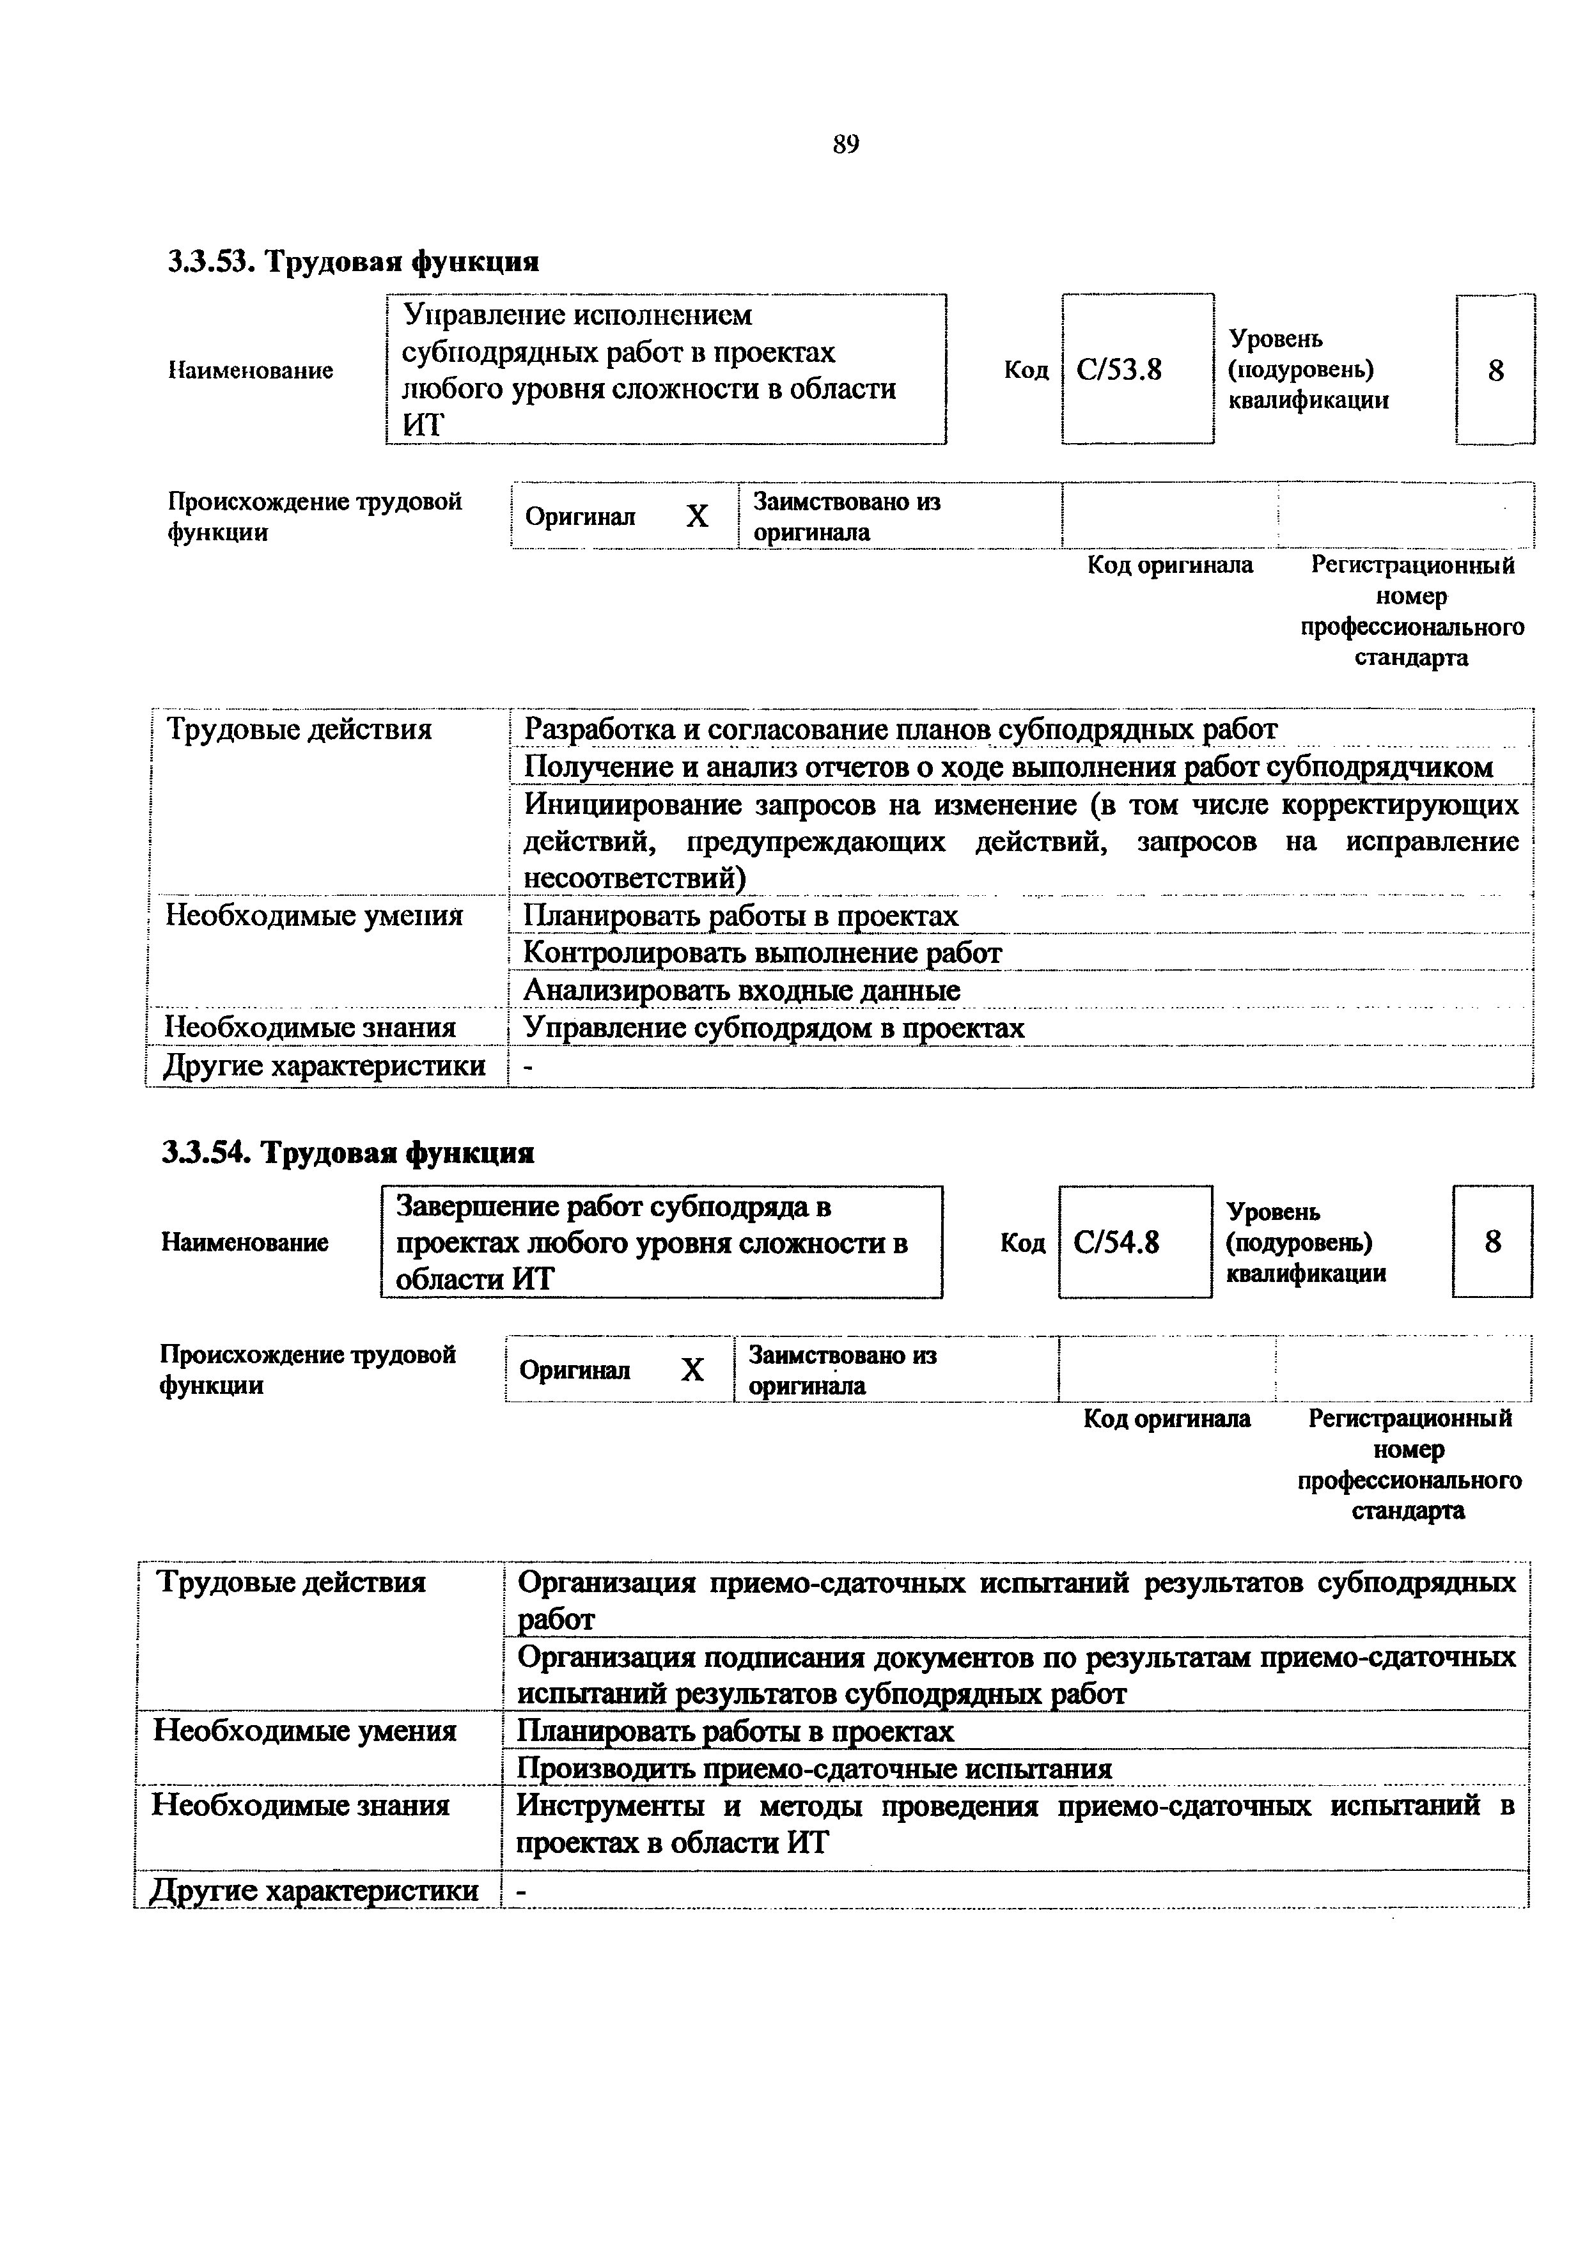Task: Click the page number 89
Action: (846, 146)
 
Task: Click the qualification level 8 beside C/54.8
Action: (1492, 1242)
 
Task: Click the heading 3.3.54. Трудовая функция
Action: (348, 1153)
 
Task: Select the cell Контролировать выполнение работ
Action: (763, 953)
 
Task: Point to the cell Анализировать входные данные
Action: (742, 990)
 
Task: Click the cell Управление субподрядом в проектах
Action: (774, 1028)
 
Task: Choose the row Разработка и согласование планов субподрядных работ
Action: (900, 730)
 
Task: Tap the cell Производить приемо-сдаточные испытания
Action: (815, 1769)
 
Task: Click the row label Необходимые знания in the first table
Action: (311, 1028)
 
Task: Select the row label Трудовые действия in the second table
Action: (291, 1582)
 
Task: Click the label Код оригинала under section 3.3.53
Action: (1170, 566)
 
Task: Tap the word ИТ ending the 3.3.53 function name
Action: (423, 426)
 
